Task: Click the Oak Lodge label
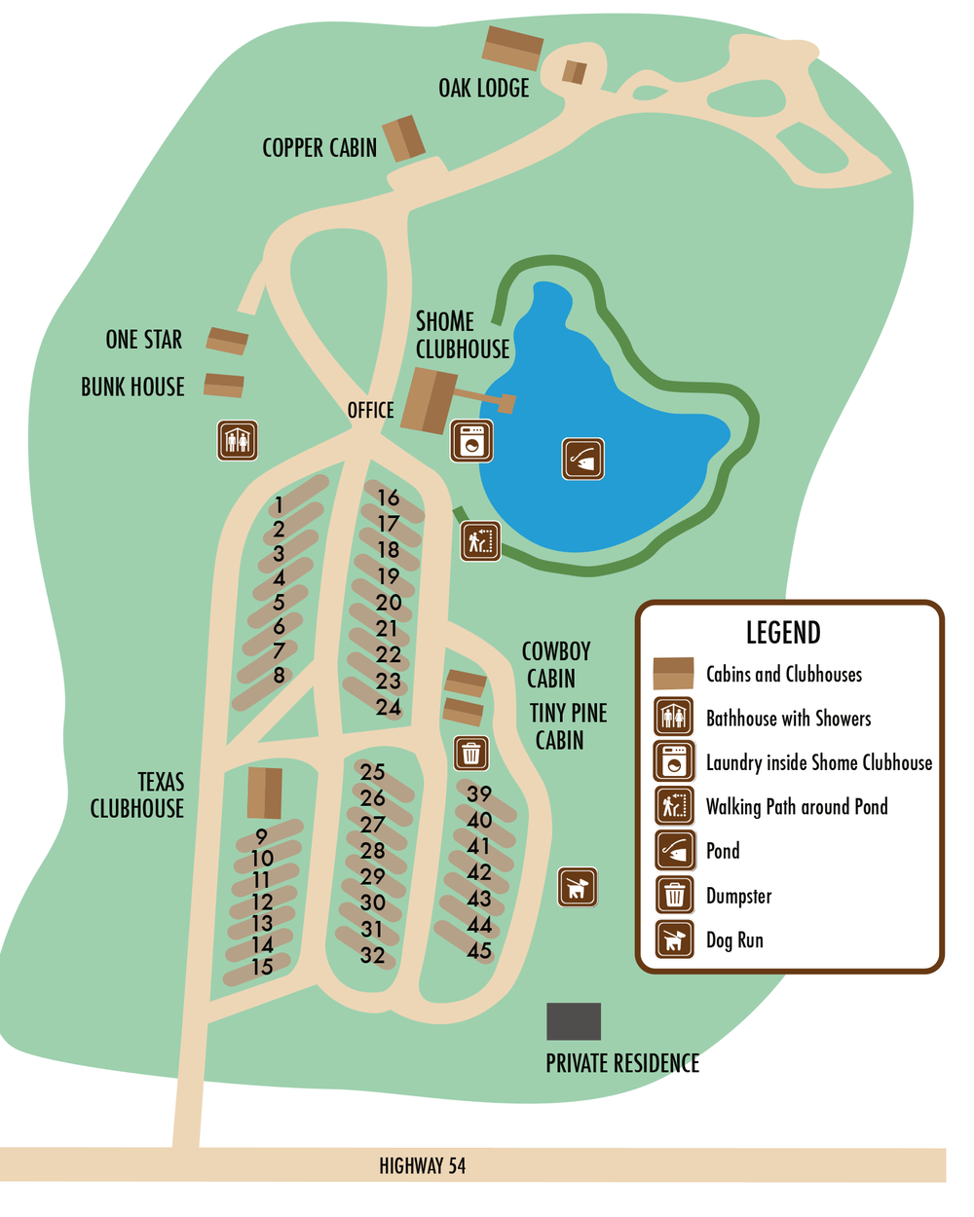click(x=483, y=88)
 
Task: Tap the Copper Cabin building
click(x=403, y=138)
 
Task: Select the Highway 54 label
click(x=422, y=1165)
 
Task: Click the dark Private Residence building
click(x=574, y=1021)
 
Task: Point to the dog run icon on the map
click(x=578, y=887)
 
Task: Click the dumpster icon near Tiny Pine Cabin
click(x=471, y=753)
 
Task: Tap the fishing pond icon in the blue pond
click(x=583, y=459)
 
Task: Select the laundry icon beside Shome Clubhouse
click(x=472, y=441)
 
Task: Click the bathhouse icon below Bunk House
click(x=237, y=440)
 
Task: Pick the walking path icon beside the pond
click(x=481, y=541)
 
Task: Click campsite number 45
click(x=478, y=950)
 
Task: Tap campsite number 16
click(x=389, y=498)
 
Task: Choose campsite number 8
click(x=279, y=675)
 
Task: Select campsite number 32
click(x=372, y=955)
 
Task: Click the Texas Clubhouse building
click(x=264, y=793)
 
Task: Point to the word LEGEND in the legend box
click(x=783, y=633)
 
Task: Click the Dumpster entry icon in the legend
click(x=674, y=894)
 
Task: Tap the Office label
click(x=370, y=410)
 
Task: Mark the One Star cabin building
click(x=227, y=341)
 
